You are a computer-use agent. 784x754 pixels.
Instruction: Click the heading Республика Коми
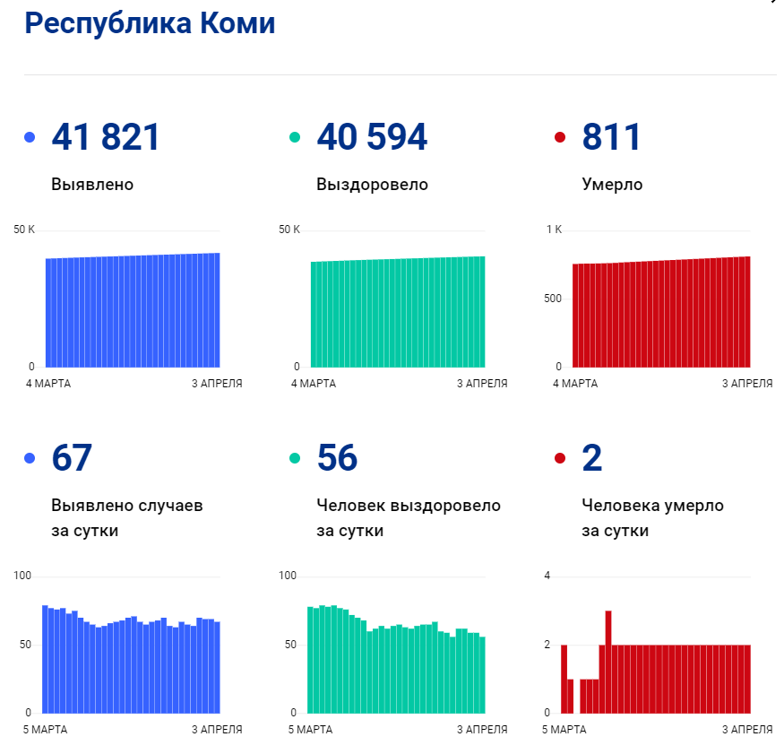coord(150,24)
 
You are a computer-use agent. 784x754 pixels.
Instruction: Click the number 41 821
coord(106,137)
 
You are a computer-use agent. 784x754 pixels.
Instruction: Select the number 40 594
coord(372,137)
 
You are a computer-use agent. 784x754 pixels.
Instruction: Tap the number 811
coord(611,137)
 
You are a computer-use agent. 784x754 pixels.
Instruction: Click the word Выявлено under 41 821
coord(92,185)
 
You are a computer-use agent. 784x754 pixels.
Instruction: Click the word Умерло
coord(612,185)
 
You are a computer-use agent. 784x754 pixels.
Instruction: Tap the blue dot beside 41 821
coord(30,137)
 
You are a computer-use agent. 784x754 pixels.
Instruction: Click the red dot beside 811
coord(560,137)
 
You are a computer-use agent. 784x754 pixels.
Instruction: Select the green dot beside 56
coord(295,458)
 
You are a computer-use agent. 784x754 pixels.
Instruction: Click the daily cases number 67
coord(72,458)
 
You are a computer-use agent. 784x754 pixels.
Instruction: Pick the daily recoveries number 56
coord(337,458)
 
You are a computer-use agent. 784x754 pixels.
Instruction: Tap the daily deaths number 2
coord(591,458)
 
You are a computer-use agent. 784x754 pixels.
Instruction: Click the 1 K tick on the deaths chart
coord(554,230)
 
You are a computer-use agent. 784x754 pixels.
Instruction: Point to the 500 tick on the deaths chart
coord(553,298)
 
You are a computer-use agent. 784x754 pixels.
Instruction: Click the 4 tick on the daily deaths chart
coord(547,575)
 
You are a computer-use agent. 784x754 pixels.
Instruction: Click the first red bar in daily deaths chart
coord(564,679)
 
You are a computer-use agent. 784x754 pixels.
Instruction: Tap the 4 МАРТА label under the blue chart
coord(48,384)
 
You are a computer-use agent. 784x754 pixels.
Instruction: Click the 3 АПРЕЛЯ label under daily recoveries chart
coord(482,730)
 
